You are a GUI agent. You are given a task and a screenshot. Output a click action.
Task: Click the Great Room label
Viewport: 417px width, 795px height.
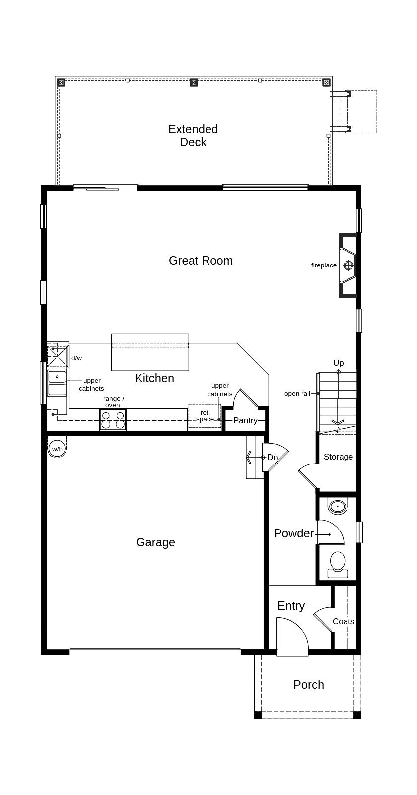click(x=201, y=261)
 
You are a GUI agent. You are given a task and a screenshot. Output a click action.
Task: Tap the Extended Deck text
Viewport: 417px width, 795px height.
click(x=193, y=135)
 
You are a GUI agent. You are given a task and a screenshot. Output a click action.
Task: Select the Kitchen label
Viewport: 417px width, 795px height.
click(x=154, y=378)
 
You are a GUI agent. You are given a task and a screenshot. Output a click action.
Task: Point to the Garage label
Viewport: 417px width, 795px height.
click(x=155, y=542)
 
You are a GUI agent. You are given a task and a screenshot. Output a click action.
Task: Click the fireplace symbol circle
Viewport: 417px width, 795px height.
click(x=348, y=265)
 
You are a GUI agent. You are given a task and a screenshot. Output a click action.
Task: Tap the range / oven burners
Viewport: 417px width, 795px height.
click(x=113, y=419)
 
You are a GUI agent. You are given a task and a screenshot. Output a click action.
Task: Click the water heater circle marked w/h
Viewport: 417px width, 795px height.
click(x=57, y=449)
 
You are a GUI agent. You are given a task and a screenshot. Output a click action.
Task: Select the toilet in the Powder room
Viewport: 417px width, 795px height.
click(x=337, y=565)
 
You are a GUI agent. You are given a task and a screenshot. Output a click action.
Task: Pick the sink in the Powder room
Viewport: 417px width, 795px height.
click(x=337, y=507)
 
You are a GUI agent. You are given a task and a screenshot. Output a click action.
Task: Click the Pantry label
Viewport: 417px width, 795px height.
click(x=245, y=420)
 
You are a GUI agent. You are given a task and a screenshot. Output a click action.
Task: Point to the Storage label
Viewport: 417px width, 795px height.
click(x=338, y=457)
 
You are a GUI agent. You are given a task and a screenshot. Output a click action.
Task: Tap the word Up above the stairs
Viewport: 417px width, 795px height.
click(x=338, y=363)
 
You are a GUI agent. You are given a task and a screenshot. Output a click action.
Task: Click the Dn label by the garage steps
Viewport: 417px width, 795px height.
click(x=272, y=457)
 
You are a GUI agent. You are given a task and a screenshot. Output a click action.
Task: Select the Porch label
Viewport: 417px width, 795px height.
click(x=309, y=685)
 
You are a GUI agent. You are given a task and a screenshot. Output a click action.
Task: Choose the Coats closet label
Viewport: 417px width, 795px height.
click(x=343, y=621)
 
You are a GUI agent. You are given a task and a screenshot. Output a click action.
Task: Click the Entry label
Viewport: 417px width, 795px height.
click(x=291, y=606)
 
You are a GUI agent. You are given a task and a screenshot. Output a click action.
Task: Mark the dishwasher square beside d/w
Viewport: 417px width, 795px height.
click(x=57, y=356)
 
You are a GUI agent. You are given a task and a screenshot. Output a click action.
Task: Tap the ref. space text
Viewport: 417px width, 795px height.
click(x=205, y=416)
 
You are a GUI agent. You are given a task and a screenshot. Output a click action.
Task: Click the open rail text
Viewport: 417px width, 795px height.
click(x=297, y=393)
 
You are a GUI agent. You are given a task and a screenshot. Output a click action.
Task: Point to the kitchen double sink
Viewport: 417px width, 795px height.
click(x=57, y=383)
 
